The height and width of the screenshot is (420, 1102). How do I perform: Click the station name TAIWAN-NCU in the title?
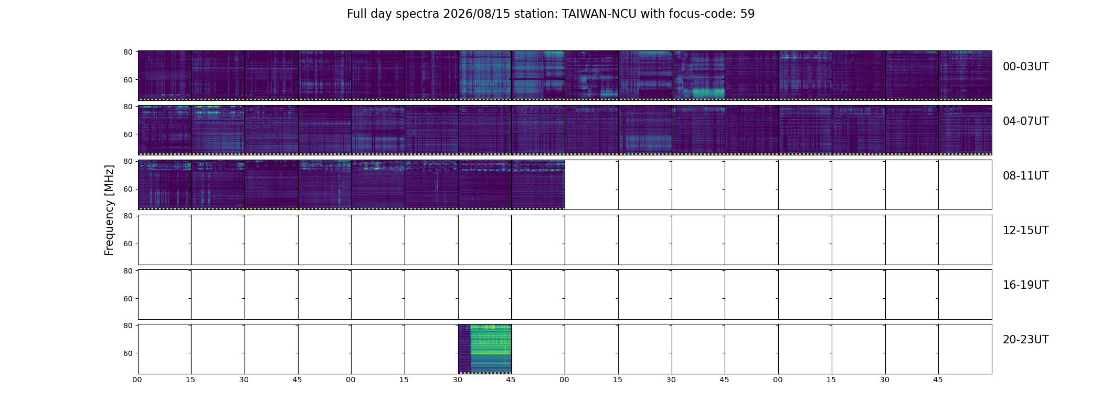click(599, 14)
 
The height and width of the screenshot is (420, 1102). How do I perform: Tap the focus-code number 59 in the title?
click(748, 14)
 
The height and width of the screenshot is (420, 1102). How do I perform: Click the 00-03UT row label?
click(1025, 67)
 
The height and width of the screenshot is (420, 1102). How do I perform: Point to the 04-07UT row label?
click(1025, 121)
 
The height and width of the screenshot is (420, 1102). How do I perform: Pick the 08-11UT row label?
click(1025, 176)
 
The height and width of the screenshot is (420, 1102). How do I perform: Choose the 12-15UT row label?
click(1025, 230)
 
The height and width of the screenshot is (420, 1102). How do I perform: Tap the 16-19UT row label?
click(1025, 285)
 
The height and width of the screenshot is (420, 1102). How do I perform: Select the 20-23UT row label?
click(1025, 340)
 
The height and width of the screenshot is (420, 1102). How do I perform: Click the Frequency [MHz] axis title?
click(109, 211)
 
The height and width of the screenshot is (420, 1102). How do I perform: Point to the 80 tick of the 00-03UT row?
click(128, 52)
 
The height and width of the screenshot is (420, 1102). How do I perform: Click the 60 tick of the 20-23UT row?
click(128, 353)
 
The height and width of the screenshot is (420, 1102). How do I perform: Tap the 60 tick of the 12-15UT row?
click(128, 244)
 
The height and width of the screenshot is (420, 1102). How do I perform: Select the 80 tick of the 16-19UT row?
click(128, 271)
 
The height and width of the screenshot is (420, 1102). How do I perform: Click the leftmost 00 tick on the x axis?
click(137, 380)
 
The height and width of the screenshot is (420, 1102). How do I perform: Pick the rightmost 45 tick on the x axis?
click(938, 380)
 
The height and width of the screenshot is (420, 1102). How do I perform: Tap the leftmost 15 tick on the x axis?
click(190, 380)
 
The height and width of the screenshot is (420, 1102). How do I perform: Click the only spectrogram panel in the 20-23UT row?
click(485, 349)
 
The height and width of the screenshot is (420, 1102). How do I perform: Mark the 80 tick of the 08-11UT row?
click(128, 161)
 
